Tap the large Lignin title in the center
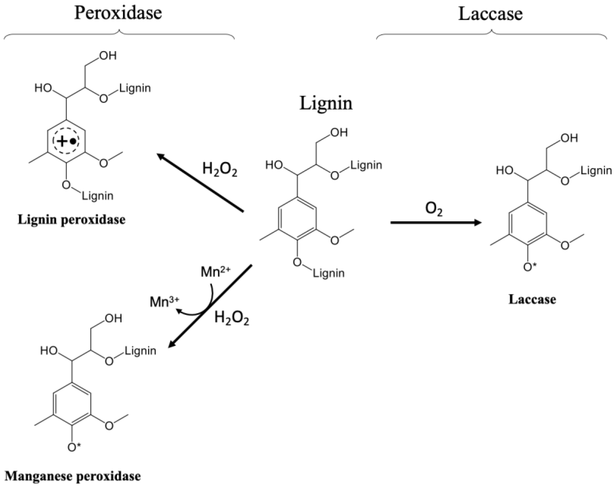pyautogui.click(x=326, y=103)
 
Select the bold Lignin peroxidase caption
pyautogui.click(x=71, y=220)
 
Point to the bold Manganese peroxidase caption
pyautogui.click(x=73, y=476)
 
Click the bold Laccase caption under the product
pyautogui.click(x=532, y=299)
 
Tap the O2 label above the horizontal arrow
pyautogui.click(x=434, y=209)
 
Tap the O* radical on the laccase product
pyautogui.click(x=530, y=267)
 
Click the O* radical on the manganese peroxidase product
pyautogui.click(x=74, y=447)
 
